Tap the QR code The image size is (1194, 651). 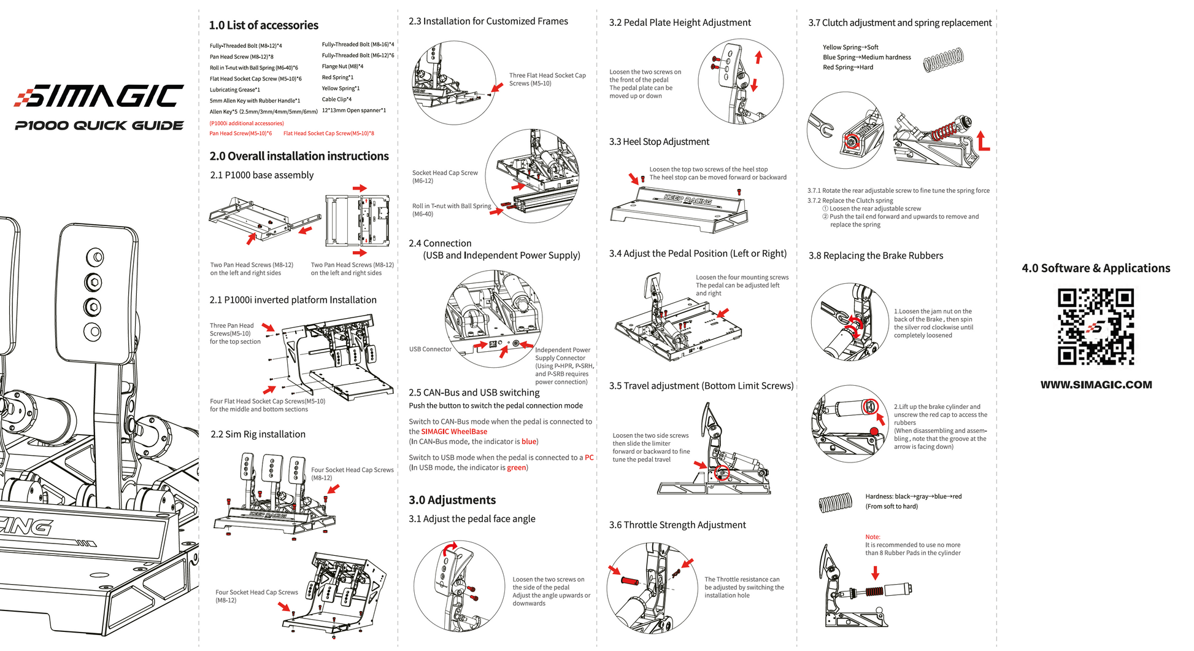tap(1095, 327)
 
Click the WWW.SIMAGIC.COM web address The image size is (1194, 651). tap(1096, 385)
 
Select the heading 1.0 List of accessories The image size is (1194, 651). tap(263, 25)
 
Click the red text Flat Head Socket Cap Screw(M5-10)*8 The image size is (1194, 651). tap(328, 133)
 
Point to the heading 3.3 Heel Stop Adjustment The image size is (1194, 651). tap(658, 142)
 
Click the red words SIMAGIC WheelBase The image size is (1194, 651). tap(454, 432)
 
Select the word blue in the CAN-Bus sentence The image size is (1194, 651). tap(528, 442)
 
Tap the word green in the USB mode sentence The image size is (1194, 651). tap(516, 468)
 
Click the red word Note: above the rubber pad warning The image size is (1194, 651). tap(872, 537)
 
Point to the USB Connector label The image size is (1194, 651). tap(430, 349)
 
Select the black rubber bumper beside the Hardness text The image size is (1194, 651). tap(835, 502)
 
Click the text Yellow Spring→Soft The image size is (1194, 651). tap(850, 47)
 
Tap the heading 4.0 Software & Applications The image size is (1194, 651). tap(1096, 268)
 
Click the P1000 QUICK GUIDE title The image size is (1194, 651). tap(99, 126)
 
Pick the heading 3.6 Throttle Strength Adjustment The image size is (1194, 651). tap(677, 525)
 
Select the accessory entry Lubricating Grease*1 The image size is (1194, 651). tap(235, 90)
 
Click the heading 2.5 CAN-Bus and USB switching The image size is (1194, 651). tap(474, 392)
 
